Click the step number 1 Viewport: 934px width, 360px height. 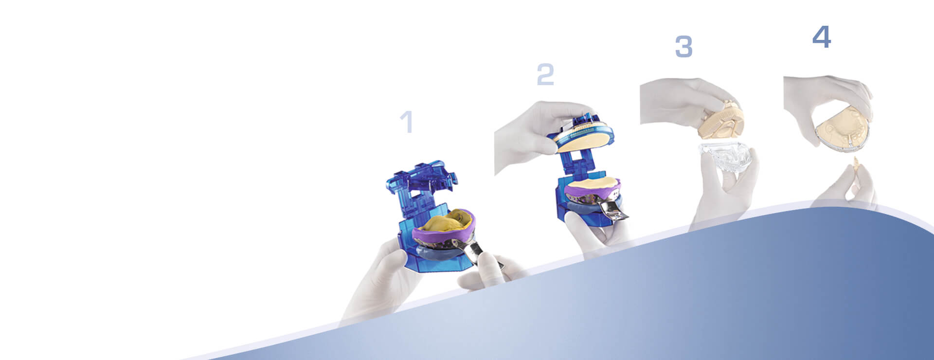tap(407, 122)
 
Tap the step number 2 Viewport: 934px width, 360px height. tap(545, 75)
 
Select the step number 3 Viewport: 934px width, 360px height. tap(683, 47)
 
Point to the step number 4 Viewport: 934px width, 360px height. tap(822, 36)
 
